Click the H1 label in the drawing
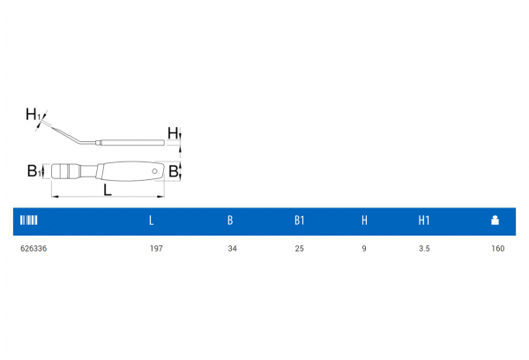pos(32,114)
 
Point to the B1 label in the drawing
pos(32,170)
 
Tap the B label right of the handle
pos(174,171)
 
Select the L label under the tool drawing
pos(107,189)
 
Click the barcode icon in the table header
pos(29,221)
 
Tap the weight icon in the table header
pos(495,221)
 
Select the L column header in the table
pos(151,221)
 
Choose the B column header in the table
pos(230,221)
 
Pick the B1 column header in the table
pos(300,221)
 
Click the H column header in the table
pos(364,221)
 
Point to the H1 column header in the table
pos(424,221)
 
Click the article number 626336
pos(33,249)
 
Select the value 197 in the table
pos(157,249)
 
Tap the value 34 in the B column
pos(232,249)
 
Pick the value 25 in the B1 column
pos(300,249)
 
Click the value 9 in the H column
pos(364,249)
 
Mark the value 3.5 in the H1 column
pos(424,249)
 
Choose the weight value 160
pos(498,249)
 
